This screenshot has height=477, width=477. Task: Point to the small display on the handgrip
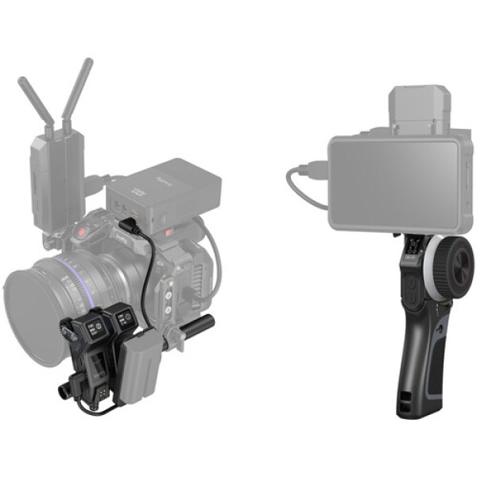coord(412,254)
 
